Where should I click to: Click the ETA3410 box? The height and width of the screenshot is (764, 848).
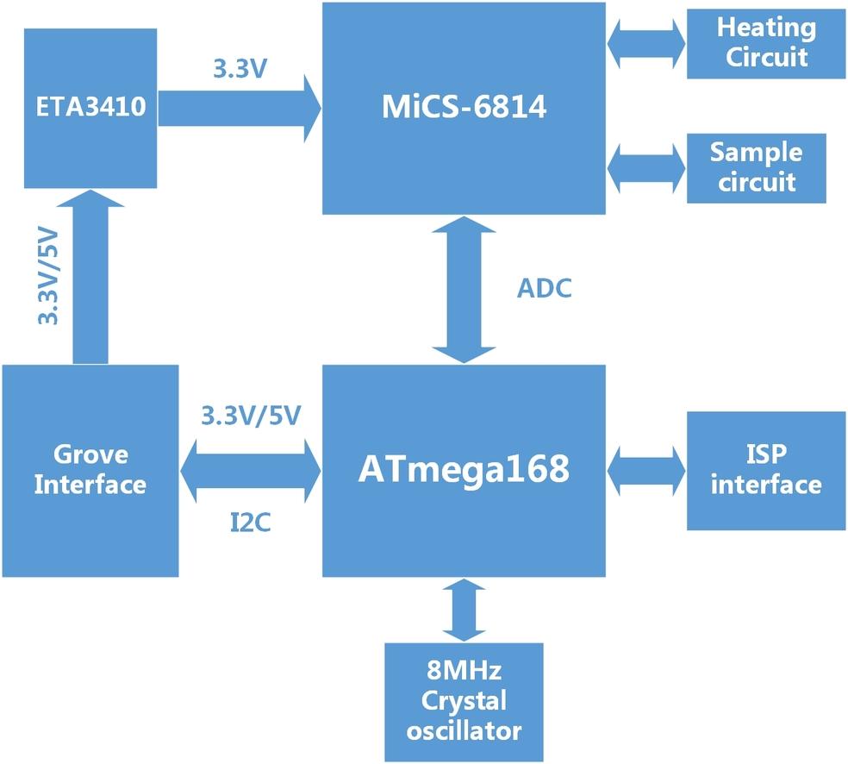pos(90,108)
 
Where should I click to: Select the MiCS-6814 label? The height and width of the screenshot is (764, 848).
pos(465,109)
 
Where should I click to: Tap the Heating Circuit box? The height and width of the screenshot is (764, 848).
pos(766,43)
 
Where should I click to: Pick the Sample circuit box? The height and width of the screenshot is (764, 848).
pos(756,168)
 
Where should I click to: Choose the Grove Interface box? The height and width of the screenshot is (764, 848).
pos(90,470)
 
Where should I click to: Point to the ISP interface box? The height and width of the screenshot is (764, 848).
pos(766,470)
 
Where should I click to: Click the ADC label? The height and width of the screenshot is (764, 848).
pos(544,289)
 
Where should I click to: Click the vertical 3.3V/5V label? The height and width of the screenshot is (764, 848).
pos(48,276)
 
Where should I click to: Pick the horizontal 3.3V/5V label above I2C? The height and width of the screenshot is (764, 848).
pos(250,416)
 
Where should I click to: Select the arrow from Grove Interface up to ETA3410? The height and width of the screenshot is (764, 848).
pos(90,276)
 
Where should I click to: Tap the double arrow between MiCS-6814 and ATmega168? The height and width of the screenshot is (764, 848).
pos(465,290)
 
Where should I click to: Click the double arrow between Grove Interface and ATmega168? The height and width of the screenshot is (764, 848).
pos(250,470)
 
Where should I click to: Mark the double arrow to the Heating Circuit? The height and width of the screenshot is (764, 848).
pos(646,43)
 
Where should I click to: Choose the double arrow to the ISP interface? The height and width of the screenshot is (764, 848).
pos(646,470)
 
